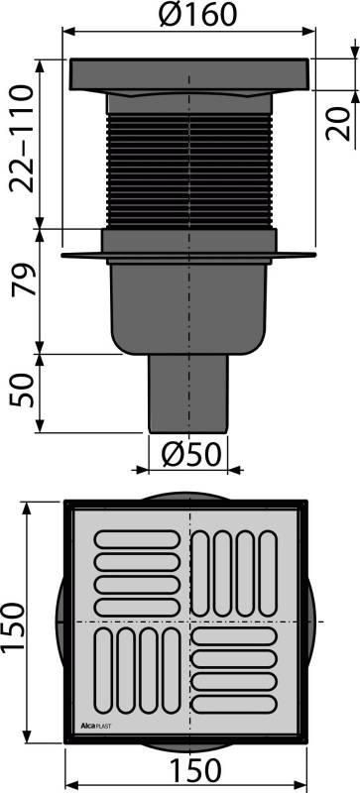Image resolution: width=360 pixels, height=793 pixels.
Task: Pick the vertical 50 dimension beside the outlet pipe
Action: pyautogui.click(x=22, y=392)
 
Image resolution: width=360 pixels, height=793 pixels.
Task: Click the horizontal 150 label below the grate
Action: pyautogui.click(x=188, y=770)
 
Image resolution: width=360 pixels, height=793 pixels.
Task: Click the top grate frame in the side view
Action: pyautogui.click(x=188, y=74)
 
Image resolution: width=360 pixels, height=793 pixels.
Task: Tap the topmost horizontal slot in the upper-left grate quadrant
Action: pyautogui.click(x=135, y=540)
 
